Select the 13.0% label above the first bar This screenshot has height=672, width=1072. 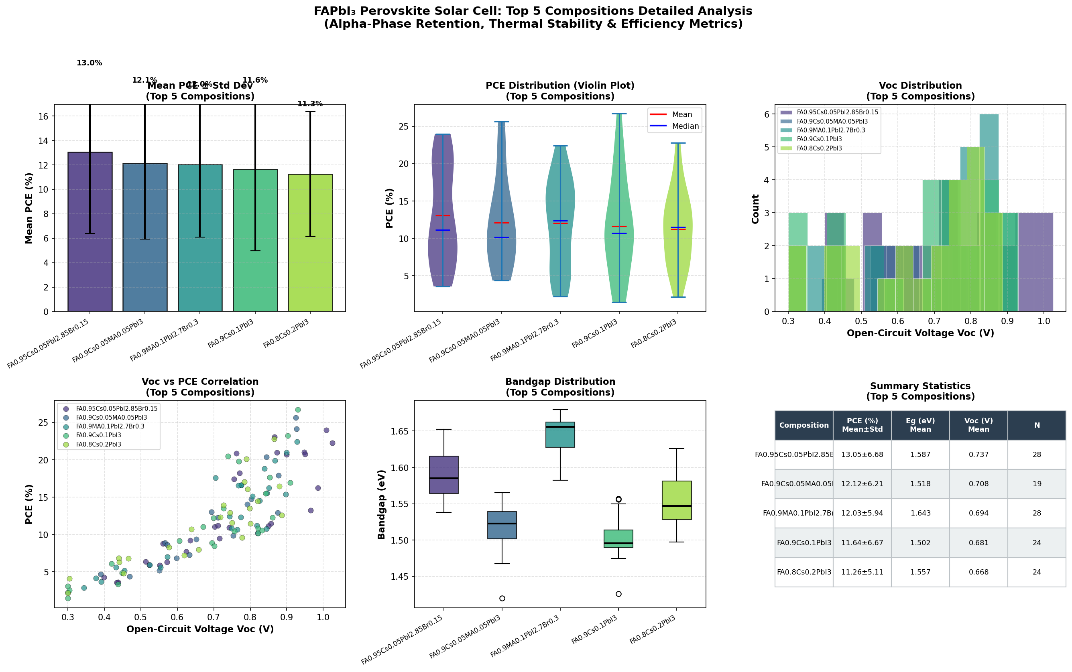(90, 63)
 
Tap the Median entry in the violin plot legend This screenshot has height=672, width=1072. (685, 126)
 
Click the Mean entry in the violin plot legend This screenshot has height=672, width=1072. (681, 115)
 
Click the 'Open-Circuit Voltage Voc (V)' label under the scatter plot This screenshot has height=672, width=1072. (200, 629)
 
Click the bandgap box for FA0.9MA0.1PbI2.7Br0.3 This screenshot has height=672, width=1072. (560, 434)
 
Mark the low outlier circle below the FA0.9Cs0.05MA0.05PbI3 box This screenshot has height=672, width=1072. (502, 598)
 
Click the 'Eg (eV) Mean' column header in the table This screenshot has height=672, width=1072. (920, 425)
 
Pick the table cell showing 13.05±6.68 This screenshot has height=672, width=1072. (862, 455)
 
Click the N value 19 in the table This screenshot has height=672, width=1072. (1036, 484)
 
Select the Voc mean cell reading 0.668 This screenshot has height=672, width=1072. (978, 573)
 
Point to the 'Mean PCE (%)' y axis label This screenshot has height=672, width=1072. (29, 208)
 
